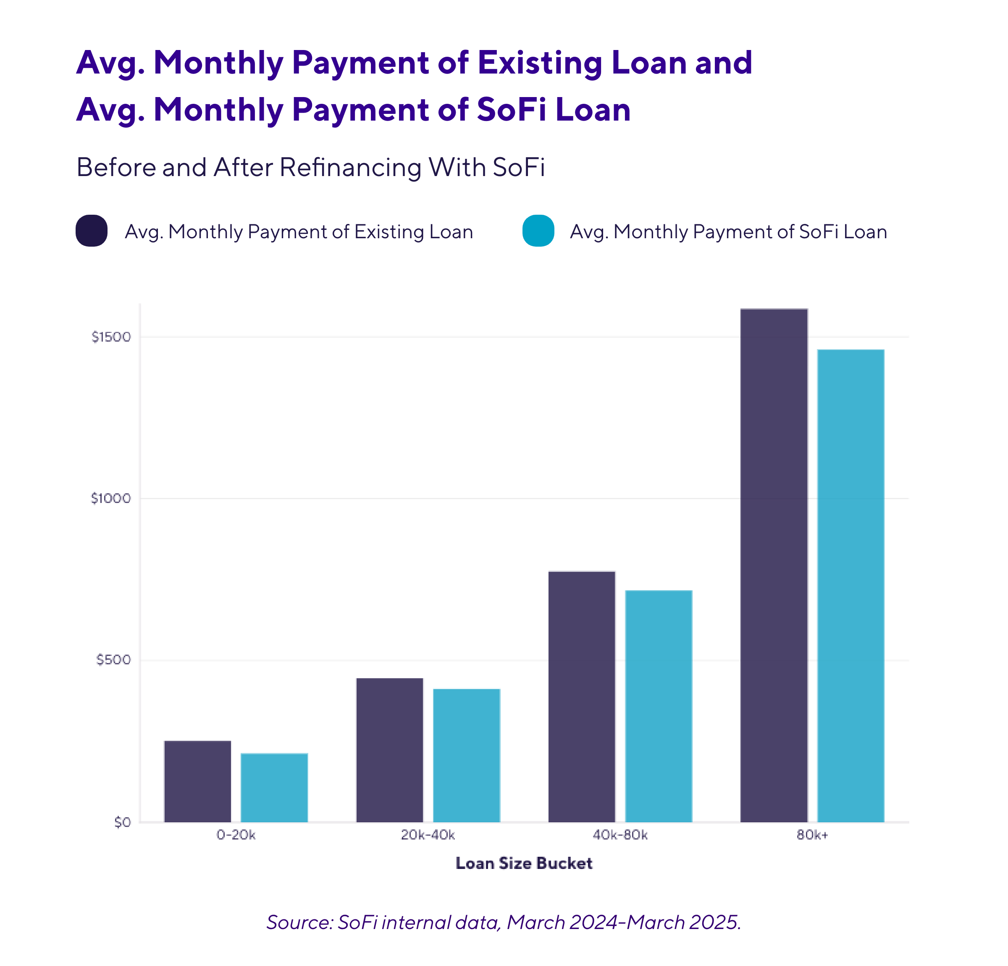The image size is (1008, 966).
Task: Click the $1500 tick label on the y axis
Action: (111, 337)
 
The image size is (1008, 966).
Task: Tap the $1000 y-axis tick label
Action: (110, 498)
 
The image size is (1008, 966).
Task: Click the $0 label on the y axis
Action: (122, 822)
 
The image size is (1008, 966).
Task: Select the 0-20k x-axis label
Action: (236, 835)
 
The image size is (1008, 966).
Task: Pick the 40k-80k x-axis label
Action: (620, 835)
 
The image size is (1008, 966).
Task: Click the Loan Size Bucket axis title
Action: (524, 863)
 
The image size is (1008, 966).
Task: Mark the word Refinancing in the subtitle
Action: (351, 167)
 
